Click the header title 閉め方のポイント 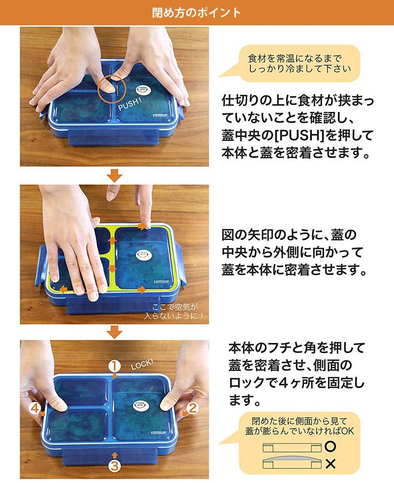point(196,12)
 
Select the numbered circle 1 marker point(114,366)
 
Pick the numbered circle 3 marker point(114,466)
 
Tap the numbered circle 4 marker point(34,409)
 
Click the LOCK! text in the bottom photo point(142,364)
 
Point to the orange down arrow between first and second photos point(114,175)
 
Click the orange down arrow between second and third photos point(114,332)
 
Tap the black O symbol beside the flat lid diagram point(330,446)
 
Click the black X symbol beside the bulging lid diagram point(330,464)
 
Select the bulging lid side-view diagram point(292,462)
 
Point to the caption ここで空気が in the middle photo point(175,307)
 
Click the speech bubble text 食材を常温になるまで point(294,58)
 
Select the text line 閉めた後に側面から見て point(299,421)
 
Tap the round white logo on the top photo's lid point(143,91)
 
